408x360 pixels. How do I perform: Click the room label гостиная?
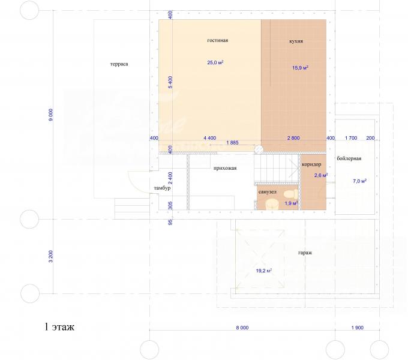click(x=218, y=40)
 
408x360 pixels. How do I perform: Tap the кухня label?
click(x=296, y=41)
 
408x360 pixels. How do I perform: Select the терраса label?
click(x=119, y=64)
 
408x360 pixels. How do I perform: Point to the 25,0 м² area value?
click(x=215, y=62)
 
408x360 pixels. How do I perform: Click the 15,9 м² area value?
click(x=300, y=68)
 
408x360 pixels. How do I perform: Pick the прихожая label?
click(x=225, y=168)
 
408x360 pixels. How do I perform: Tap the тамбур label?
click(x=162, y=188)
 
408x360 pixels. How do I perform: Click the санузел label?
click(x=267, y=192)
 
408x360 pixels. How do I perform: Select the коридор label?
click(x=311, y=164)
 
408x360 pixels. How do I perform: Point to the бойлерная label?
click(x=349, y=158)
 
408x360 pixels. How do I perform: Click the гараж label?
click(x=305, y=253)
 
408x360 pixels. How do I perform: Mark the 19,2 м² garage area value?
click(x=264, y=271)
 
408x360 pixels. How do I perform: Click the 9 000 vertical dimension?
click(x=51, y=115)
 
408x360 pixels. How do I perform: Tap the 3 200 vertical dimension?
click(x=51, y=256)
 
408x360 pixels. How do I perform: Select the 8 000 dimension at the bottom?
click(x=242, y=328)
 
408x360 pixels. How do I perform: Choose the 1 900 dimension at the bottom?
click(x=357, y=328)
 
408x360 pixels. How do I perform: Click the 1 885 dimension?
click(x=232, y=143)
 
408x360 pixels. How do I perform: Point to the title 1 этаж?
click(x=59, y=327)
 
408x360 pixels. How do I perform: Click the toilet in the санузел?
click(x=291, y=194)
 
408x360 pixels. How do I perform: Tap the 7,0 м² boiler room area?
click(x=359, y=181)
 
